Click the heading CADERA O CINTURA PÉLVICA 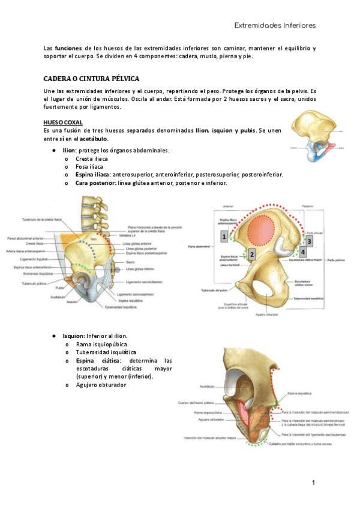coord(91,79)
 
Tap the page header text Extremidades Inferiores coord(274,26)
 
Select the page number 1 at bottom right coord(313,483)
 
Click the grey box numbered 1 coord(223,238)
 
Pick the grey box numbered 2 coord(253,254)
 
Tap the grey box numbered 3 coord(309,241)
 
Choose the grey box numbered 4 coord(302,252)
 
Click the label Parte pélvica coord(335,261)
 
